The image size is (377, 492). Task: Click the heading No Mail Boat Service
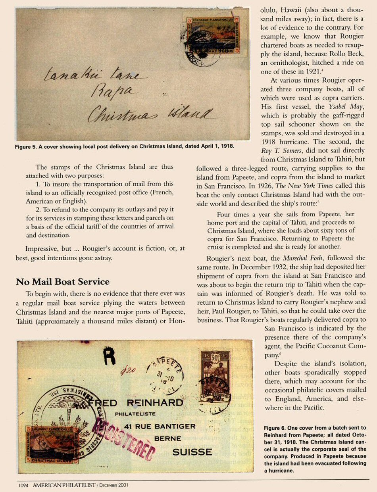coord(62,282)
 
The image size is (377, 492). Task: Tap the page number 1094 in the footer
coord(24,485)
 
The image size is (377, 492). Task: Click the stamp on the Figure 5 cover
coord(213,36)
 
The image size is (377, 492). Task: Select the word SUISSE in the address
coord(192,452)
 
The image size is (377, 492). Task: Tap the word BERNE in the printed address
coord(167,439)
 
